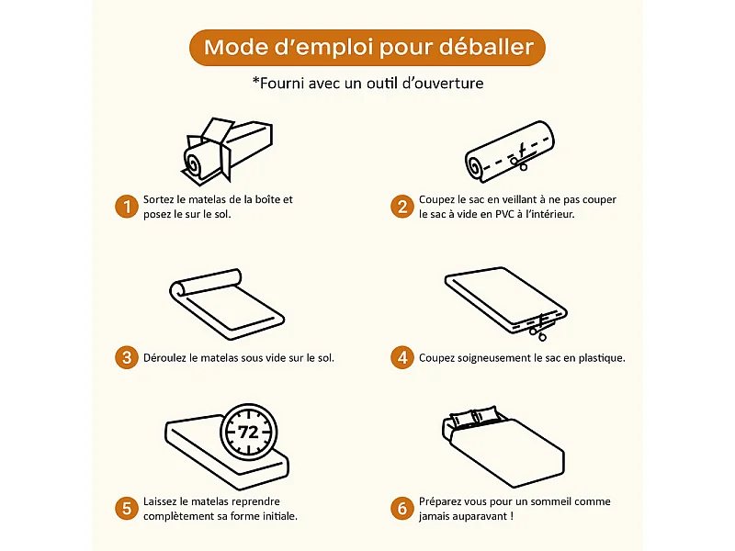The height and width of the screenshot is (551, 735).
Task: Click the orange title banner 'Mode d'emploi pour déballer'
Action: tap(367, 47)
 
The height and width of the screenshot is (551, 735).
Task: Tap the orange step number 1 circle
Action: tap(126, 207)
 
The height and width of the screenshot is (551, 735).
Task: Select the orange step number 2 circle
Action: tap(401, 207)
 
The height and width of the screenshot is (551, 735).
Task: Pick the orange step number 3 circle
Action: tap(126, 357)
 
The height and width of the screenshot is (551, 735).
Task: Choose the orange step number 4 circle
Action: tap(401, 357)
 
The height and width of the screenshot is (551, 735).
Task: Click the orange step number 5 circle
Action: tap(126, 508)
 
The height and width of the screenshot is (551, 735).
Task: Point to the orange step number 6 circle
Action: tap(401, 508)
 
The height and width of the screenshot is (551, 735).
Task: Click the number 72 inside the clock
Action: tap(248, 432)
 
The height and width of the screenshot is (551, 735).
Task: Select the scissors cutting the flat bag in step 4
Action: tap(543, 320)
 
